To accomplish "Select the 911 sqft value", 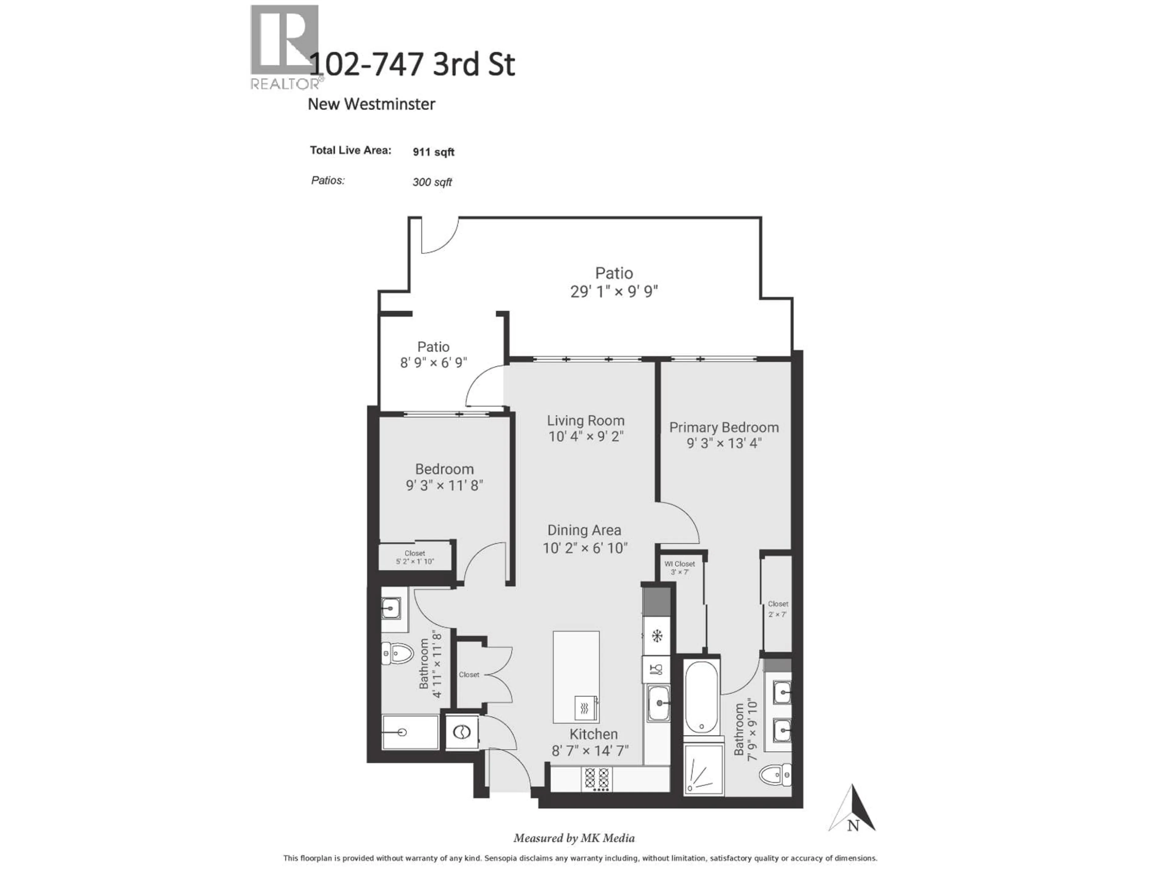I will click(433, 152).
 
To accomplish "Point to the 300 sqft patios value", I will click(432, 182).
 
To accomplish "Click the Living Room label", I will click(586, 421).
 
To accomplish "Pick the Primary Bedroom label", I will click(724, 427).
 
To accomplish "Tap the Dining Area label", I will click(584, 530).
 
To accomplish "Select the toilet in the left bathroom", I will click(397, 654).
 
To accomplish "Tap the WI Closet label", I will click(680, 564).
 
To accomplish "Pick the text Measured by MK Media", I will click(574, 838).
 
